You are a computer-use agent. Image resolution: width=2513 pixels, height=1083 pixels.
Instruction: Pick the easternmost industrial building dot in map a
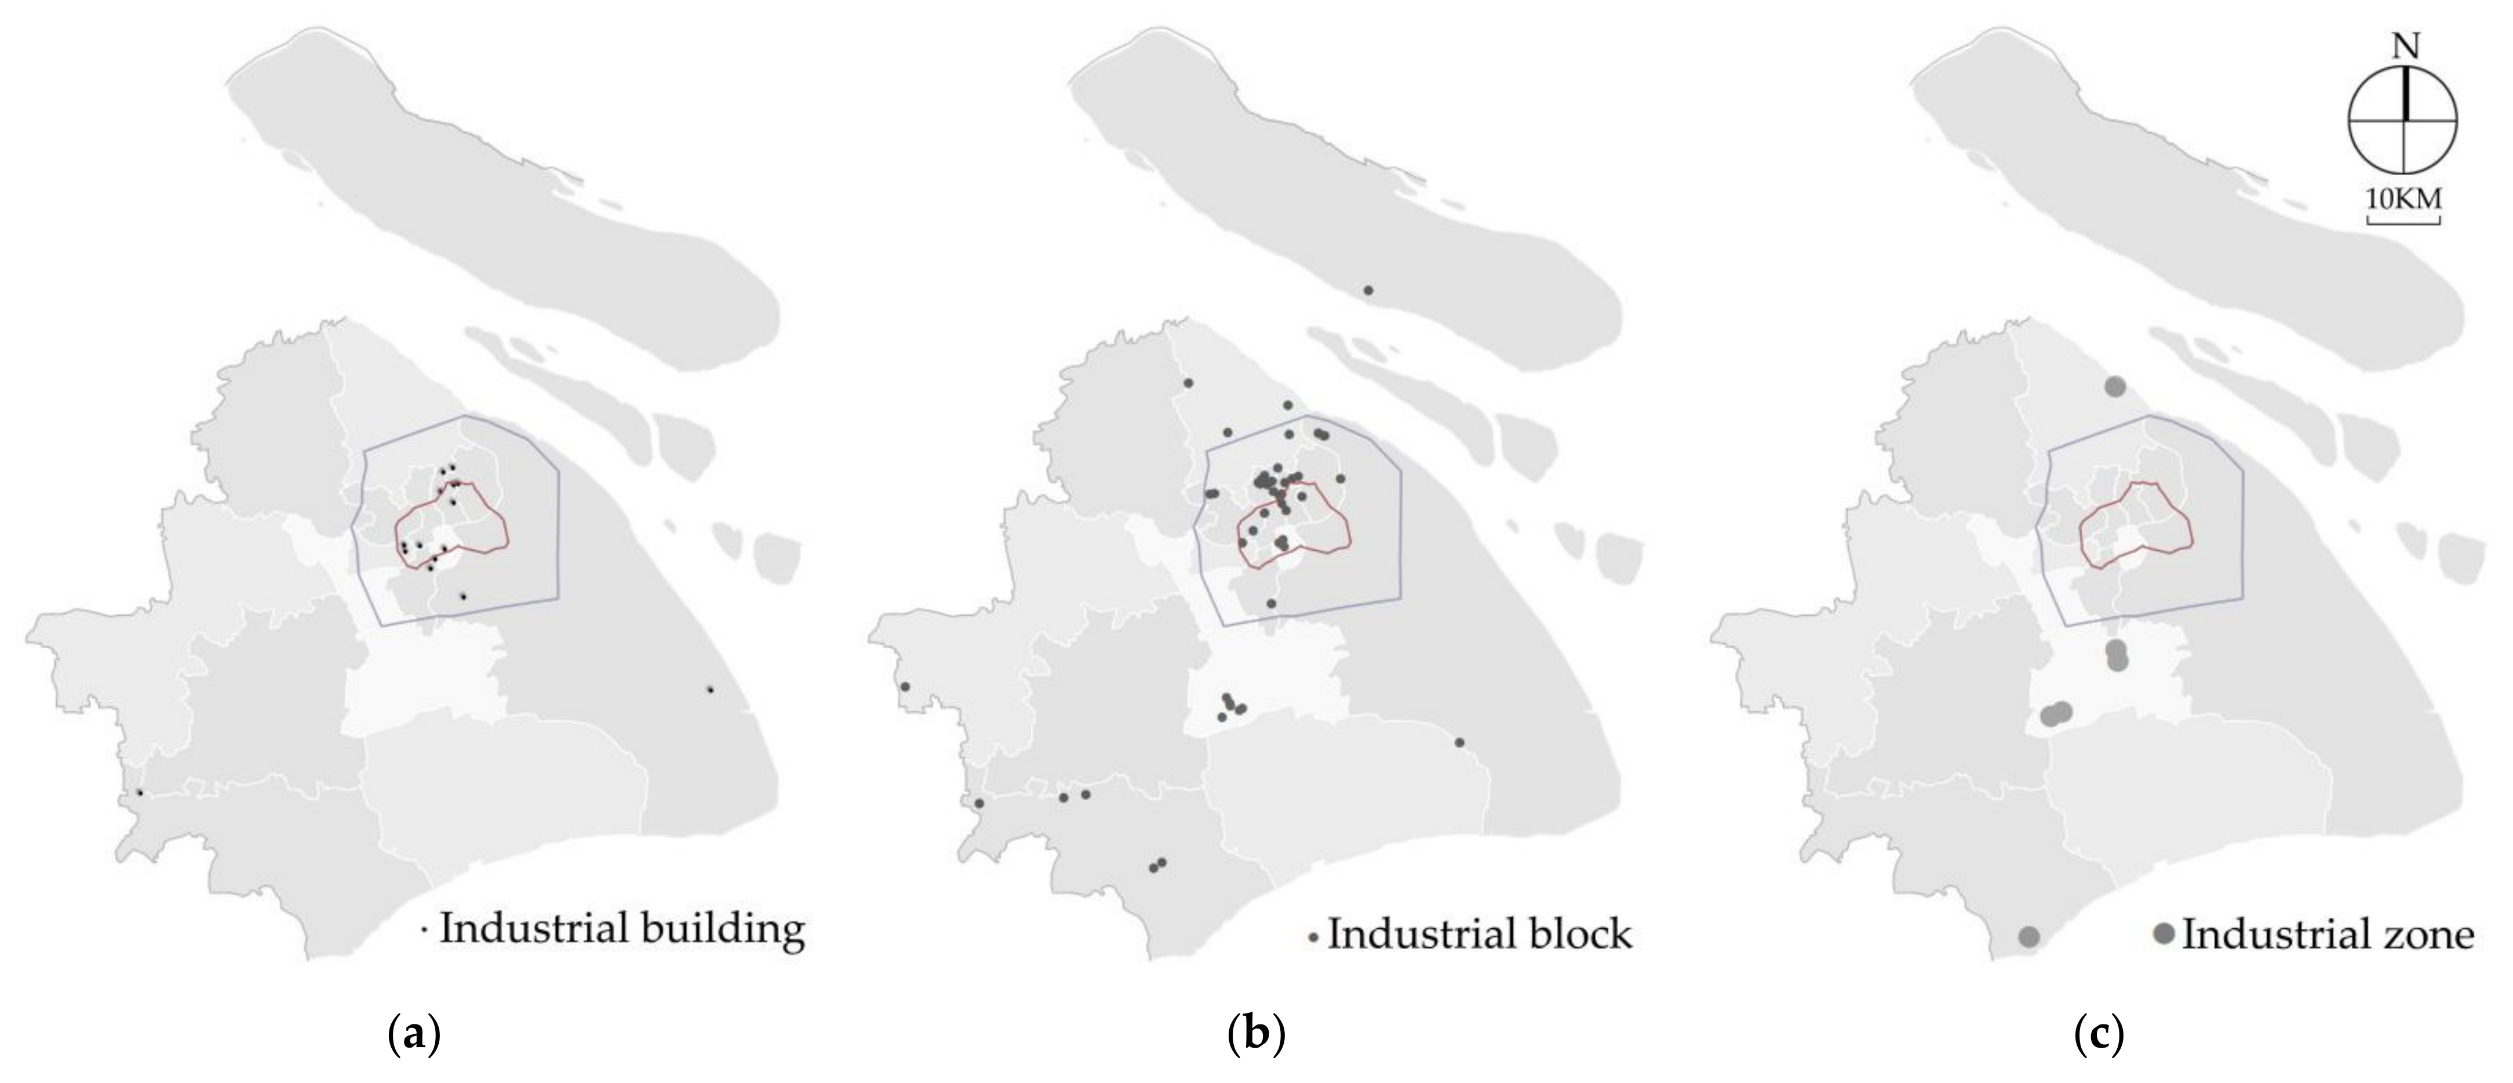(710, 690)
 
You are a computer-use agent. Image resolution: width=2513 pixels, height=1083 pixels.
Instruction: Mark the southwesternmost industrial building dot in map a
(140, 793)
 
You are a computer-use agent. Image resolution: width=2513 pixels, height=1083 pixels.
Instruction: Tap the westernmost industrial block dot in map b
(905, 687)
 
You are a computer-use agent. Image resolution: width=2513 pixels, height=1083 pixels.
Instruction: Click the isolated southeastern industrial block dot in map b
(1459, 743)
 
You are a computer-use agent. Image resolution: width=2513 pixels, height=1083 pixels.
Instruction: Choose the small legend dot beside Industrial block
(1313, 939)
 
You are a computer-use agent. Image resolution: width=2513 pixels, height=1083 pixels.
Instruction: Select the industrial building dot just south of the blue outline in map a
(464, 596)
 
